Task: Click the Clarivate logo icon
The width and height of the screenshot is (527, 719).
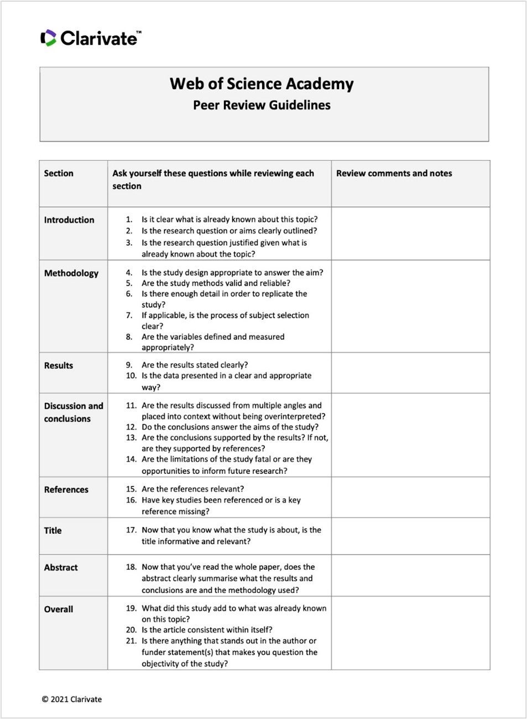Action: point(49,38)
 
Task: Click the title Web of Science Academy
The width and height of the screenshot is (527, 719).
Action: point(262,84)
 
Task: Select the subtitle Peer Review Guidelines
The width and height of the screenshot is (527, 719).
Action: point(262,105)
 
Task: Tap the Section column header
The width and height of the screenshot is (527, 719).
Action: point(59,173)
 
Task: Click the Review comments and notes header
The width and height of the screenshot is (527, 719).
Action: point(394,173)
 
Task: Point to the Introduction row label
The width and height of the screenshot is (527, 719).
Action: point(69,220)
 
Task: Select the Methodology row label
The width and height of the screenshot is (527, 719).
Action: point(71,273)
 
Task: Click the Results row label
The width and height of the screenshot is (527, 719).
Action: point(59,365)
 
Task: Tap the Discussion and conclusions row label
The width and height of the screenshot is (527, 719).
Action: point(73,412)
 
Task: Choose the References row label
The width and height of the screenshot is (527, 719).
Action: point(66,489)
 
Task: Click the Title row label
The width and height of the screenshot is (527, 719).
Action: point(53,530)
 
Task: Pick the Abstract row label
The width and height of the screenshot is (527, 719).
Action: point(61,567)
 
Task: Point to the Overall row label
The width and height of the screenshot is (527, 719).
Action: point(59,609)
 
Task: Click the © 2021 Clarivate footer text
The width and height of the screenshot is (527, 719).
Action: point(72,699)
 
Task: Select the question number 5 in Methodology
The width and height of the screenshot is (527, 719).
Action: point(129,283)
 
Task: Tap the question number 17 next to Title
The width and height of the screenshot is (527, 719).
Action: point(131,530)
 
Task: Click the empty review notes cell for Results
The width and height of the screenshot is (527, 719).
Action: point(410,373)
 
